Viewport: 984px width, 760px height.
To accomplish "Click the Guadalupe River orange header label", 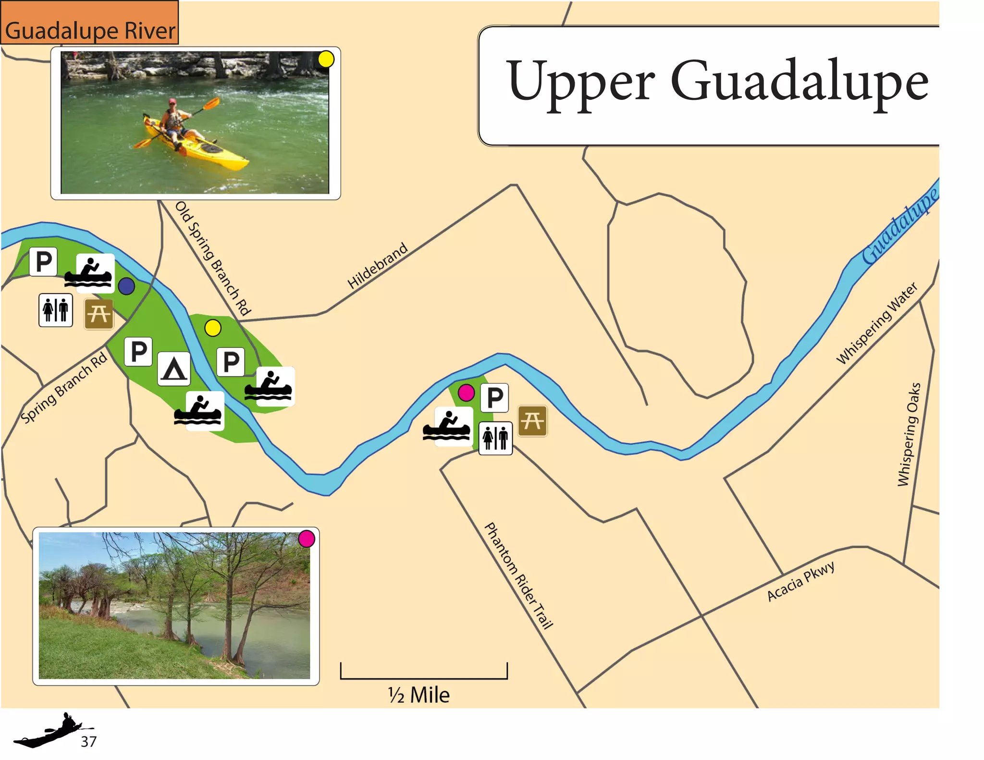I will (x=90, y=30).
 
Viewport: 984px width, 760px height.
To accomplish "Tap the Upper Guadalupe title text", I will (x=717, y=82).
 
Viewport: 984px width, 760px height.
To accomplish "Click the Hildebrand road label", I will (x=378, y=266).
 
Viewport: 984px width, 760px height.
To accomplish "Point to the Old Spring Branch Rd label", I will (x=213, y=258).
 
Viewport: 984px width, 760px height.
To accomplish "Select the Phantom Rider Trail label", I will (x=518, y=576).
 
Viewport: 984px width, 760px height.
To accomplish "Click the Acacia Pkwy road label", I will (x=800, y=581).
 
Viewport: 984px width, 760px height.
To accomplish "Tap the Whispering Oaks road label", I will (x=910, y=434).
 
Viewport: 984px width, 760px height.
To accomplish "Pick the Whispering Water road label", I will (x=877, y=323).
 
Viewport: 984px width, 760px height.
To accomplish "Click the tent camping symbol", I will (x=173, y=369).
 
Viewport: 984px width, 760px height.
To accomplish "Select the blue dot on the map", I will (x=126, y=286).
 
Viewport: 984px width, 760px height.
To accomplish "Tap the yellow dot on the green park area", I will (x=213, y=328).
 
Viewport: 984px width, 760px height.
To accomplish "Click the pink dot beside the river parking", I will (x=466, y=393).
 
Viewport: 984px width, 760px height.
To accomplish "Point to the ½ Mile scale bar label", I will (x=419, y=695).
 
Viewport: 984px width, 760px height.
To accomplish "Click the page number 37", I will (x=89, y=742).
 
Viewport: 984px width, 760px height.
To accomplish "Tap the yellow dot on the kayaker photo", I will (x=326, y=59).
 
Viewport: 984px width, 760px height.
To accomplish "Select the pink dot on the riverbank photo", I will (x=307, y=539).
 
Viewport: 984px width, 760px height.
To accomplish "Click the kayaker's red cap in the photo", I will (x=172, y=101).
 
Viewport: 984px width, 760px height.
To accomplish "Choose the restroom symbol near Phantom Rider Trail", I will (x=495, y=438).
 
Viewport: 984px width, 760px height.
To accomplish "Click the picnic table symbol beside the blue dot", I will (x=99, y=314).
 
